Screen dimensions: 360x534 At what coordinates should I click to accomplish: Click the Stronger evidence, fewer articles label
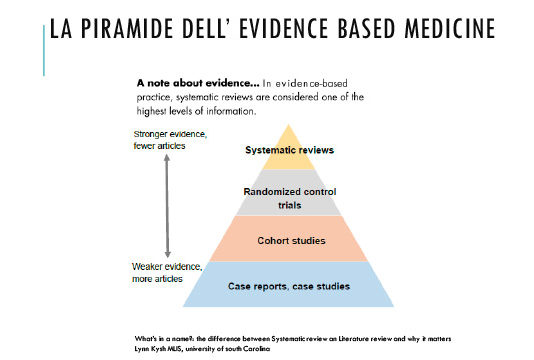[167, 141]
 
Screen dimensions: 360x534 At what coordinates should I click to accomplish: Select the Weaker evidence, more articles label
[167, 273]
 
